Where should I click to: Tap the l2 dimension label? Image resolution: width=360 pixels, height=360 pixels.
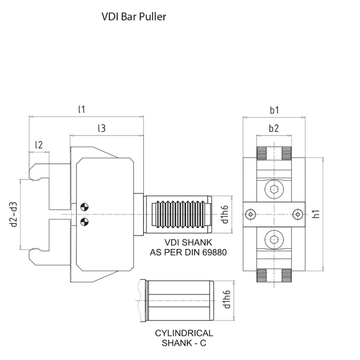39,144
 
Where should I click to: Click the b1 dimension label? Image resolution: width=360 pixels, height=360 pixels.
274,109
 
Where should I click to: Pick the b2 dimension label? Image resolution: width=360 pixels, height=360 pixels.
274,128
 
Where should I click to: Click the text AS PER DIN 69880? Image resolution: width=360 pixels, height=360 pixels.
188,252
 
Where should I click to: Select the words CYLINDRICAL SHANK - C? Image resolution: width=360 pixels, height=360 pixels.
184,337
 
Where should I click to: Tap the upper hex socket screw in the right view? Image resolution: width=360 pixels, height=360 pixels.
274,189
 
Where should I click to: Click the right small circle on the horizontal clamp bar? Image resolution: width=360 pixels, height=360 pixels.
297,214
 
